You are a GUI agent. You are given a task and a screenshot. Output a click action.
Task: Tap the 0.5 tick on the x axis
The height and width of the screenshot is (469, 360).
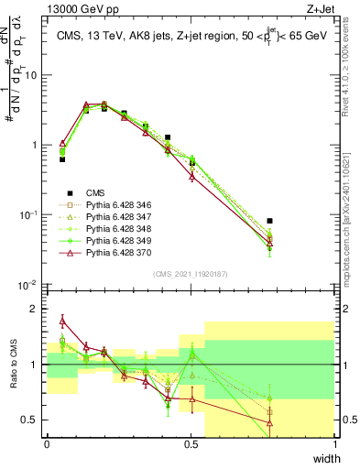191,442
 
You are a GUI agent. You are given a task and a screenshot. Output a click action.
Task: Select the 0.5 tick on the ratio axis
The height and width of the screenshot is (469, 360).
33,420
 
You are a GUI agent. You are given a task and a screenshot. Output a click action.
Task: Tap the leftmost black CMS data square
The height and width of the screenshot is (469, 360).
62,159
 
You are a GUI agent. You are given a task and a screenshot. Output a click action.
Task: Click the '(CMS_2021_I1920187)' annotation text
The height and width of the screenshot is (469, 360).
191,273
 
